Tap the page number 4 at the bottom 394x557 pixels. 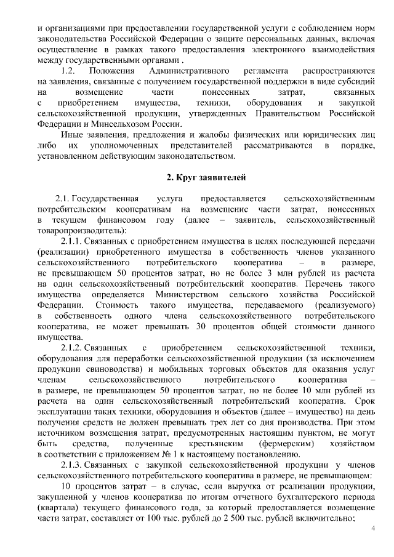(x=373, y=529)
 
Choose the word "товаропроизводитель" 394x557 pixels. (x=73, y=230)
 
